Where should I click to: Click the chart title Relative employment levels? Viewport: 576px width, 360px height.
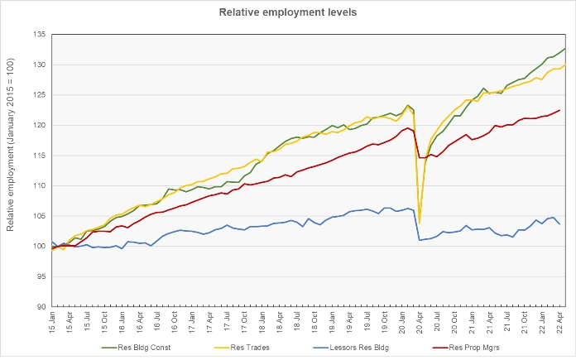point(288,12)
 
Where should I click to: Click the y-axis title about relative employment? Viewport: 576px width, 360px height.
point(10,145)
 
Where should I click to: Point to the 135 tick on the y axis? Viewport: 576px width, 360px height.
point(39,35)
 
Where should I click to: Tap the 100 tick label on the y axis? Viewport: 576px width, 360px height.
point(39,246)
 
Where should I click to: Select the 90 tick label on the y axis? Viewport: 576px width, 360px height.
point(41,307)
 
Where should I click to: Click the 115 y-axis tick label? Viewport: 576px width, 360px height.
point(39,156)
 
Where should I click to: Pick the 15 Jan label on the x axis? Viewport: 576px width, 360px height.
point(52,322)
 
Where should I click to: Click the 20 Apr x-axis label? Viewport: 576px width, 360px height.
point(420,322)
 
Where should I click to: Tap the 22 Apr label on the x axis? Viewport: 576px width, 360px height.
point(559,322)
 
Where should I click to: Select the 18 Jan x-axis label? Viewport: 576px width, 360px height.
point(262,322)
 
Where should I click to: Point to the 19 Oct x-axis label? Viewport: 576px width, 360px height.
point(385,322)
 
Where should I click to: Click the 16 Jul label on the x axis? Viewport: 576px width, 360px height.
point(157,322)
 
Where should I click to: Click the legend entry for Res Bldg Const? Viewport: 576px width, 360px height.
point(137,348)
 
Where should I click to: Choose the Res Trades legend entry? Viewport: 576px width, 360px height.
point(242,348)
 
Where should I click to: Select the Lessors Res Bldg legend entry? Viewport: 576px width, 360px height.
point(351,348)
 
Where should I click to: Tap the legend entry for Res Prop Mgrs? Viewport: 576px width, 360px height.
point(466,348)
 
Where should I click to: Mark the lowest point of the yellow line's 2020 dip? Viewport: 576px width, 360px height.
point(420,223)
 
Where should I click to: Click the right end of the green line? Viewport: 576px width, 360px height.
point(565,49)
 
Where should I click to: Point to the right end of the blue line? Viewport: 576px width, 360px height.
point(559,224)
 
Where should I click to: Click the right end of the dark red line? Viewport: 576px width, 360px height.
point(559,110)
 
